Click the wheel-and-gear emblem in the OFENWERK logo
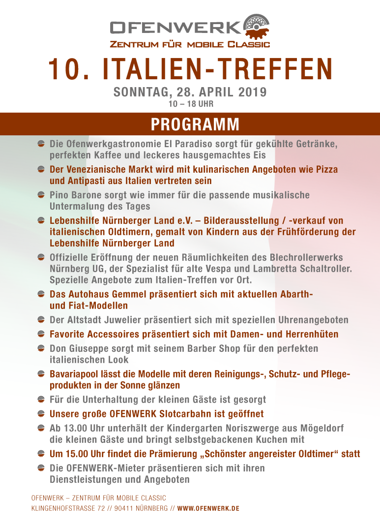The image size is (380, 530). [256, 27]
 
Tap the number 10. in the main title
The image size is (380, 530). [69, 70]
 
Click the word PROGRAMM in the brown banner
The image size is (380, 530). [195, 125]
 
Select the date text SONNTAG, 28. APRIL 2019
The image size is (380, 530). [190, 93]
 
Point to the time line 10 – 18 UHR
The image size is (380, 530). [191, 104]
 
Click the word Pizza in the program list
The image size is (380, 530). [326, 169]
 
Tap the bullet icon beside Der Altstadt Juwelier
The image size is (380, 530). [41, 320]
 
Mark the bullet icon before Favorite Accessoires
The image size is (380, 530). [41, 335]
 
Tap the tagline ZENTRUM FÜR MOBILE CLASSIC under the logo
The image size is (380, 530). [190, 45]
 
